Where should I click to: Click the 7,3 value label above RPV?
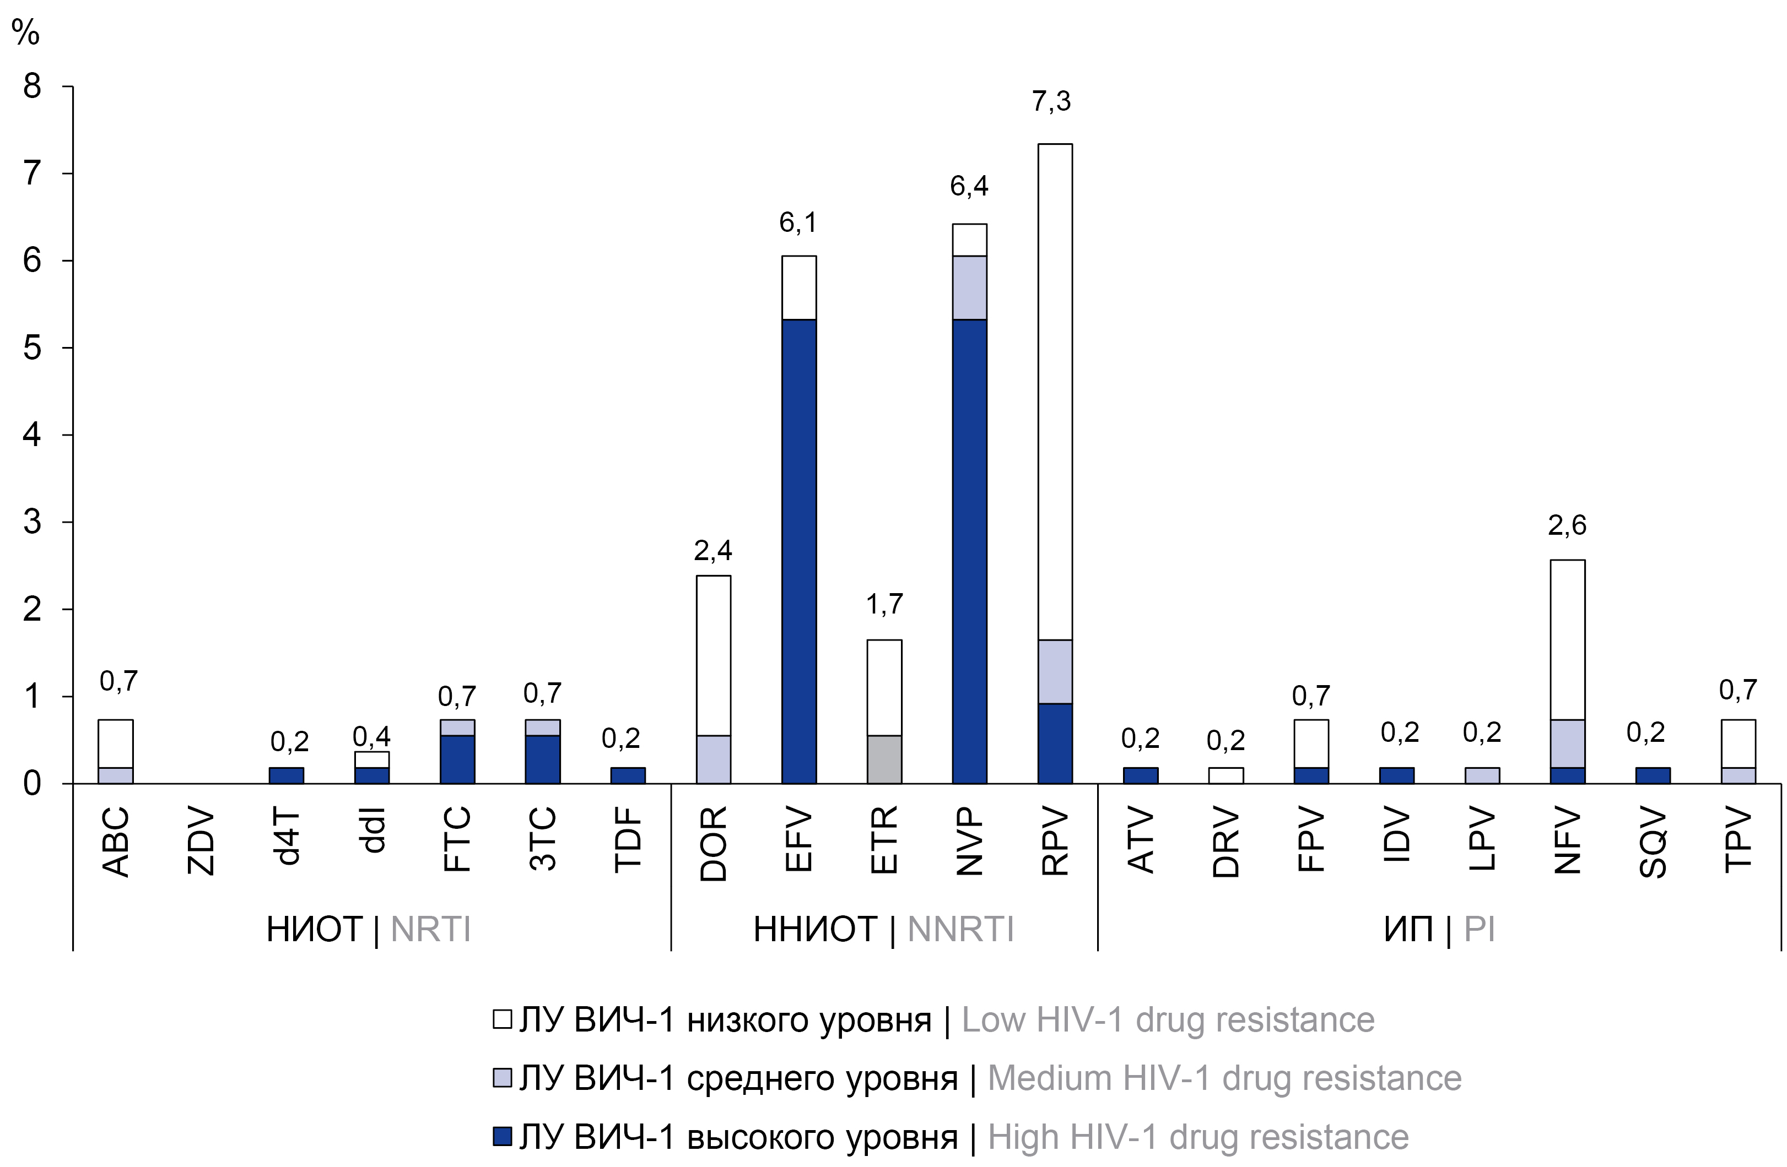[1051, 101]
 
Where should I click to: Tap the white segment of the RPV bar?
[1055, 390]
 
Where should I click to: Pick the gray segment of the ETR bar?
[884, 759]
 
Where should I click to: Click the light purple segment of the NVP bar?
[969, 287]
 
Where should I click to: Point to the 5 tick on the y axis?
[31, 348]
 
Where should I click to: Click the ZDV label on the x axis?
[201, 842]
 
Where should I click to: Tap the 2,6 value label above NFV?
[1567, 525]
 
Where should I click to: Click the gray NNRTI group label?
[960, 929]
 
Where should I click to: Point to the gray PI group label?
[1479, 929]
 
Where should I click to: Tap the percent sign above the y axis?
[25, 32]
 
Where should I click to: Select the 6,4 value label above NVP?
[969, 186]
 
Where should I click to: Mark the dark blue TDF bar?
[628, 775]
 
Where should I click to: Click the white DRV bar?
[1225, 775]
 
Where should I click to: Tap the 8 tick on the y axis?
[31, 87]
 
